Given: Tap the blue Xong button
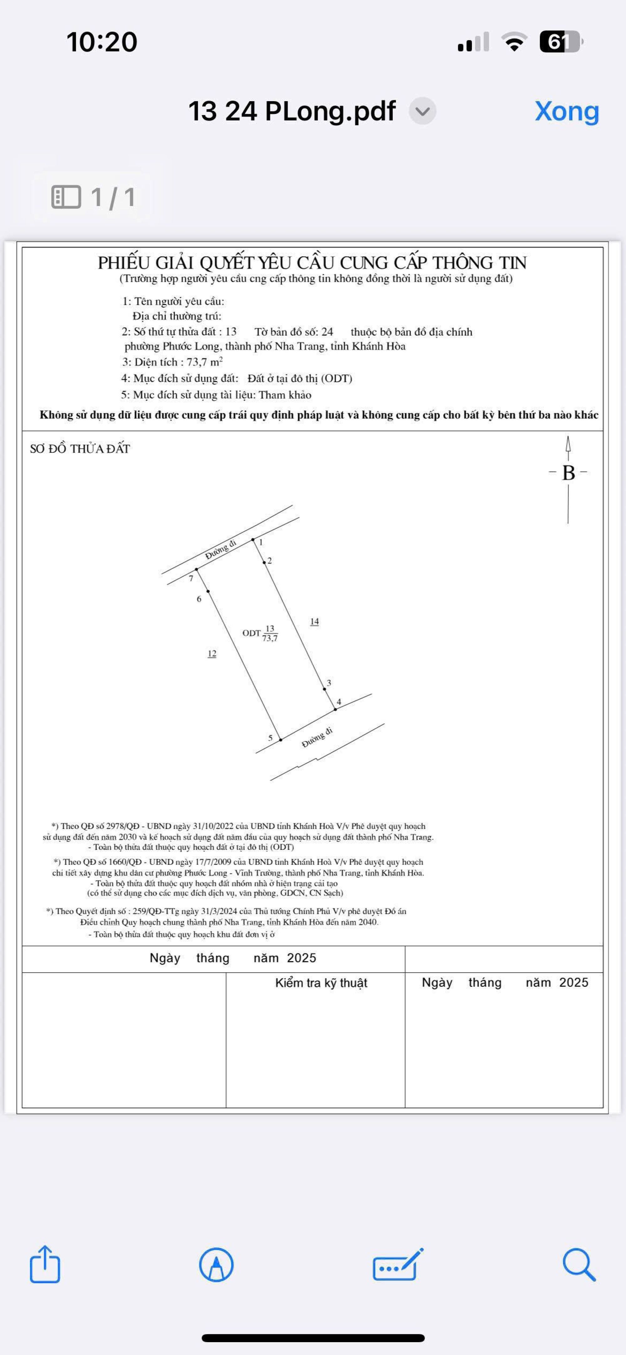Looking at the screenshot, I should coord(567,111).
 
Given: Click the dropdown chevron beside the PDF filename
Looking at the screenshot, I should coord(423,111).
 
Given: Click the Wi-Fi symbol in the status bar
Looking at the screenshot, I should coord(515,42).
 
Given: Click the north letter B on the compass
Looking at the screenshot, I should coord(568,473).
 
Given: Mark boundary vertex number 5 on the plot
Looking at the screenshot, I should coord(280,739).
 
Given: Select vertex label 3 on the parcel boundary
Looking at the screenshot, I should coord(329,683).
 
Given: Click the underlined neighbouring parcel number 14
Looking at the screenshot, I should coord(314,622).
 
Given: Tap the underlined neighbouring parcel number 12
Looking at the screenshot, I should coord(212,654).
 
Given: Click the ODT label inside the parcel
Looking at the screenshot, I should coord(251,633).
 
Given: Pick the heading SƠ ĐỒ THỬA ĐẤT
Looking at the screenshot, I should coord(80,449).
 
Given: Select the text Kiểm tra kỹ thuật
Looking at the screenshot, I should coord(321,983).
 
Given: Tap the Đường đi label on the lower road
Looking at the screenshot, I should coord(317,738).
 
